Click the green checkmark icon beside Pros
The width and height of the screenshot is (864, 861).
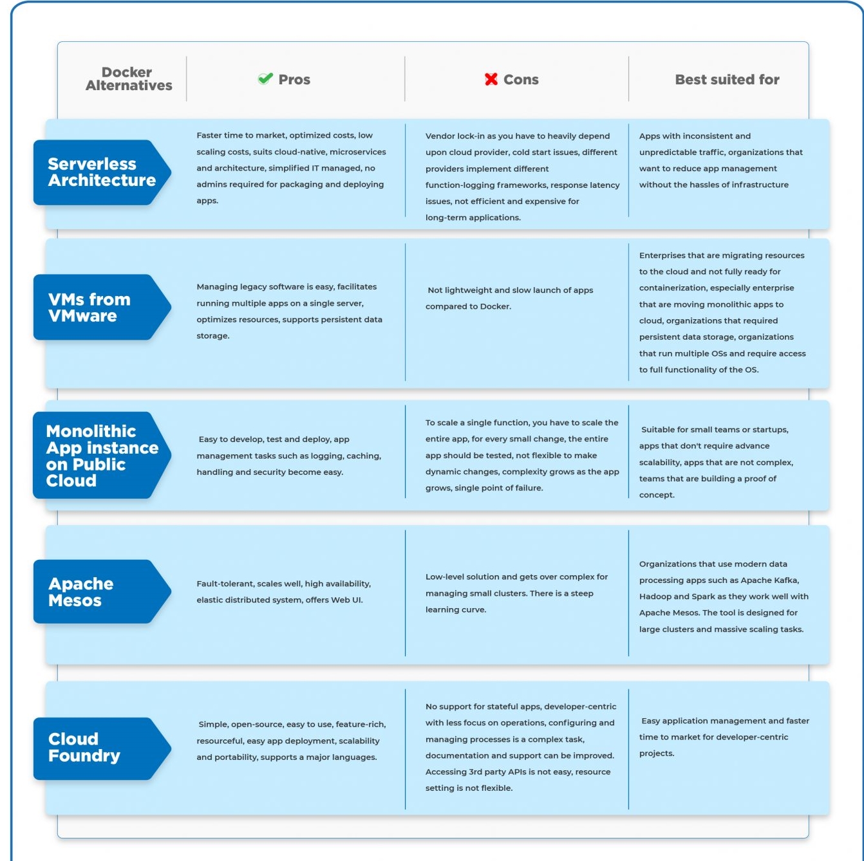point(265,79)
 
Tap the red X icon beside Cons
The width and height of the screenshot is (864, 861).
point(491,79)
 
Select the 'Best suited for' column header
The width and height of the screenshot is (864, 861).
point(727,79)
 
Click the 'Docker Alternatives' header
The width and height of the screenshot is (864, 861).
point(128,79)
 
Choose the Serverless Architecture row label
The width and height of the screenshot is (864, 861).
point(102,172)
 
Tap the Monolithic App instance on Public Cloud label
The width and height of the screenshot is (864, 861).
point(102,456)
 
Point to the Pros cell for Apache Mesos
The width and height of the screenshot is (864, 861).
point(283,591)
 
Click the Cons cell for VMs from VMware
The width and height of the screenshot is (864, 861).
point(509,298)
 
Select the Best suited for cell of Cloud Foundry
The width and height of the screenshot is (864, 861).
point(724,737)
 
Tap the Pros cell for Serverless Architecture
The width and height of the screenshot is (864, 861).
point(291,167)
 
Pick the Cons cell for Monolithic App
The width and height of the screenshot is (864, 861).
point(522,455)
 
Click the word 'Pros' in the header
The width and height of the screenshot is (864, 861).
point(294,79)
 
